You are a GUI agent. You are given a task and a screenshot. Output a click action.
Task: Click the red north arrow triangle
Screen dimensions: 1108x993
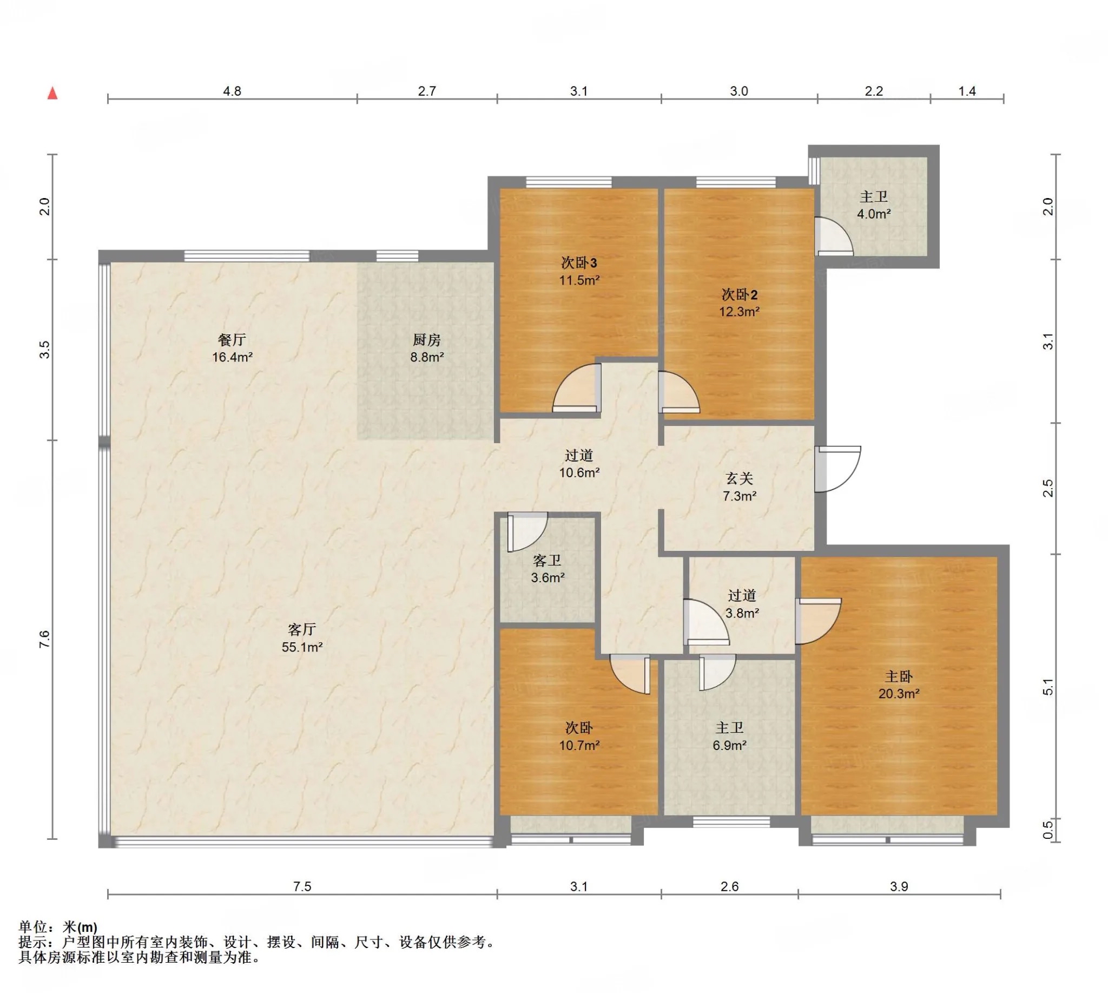point(52,93)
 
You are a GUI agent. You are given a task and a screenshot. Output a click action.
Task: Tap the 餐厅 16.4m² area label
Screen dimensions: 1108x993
point(233,348)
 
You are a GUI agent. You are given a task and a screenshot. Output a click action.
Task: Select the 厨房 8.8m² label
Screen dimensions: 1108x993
point(427,348)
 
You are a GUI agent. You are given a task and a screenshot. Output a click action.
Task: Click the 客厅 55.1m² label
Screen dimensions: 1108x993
point(302,639)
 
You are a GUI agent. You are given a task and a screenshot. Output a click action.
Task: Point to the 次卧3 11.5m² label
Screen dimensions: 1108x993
point(579,271)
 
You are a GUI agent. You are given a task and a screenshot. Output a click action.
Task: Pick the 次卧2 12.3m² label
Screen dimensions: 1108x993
point(739,303)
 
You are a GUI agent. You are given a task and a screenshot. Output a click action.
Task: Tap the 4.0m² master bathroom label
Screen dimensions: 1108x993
point(873,205)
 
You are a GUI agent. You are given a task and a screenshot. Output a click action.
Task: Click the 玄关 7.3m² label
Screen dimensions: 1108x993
point(739,487)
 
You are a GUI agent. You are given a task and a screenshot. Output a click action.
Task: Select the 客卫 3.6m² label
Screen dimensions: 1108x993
point(547,569)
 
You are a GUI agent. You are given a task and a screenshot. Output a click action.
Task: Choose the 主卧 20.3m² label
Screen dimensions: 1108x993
point(899,685)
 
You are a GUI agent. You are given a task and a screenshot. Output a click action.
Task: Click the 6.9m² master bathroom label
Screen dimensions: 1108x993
point(729,736)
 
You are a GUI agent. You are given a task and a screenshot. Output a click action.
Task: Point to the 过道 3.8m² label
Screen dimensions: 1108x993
point(742,604)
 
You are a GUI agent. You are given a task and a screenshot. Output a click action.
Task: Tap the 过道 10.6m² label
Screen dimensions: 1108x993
point(579,464)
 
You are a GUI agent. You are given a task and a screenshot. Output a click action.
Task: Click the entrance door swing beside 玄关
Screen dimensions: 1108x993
point(838,469)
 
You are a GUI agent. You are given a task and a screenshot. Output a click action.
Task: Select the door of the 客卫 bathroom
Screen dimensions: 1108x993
point(527,532)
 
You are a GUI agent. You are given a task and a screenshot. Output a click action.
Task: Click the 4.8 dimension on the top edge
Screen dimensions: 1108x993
point(232,91)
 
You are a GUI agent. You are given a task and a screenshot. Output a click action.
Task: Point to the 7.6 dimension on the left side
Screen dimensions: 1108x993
point(44,639)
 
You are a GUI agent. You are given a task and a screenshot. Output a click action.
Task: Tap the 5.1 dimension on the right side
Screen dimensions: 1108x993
point(1048,687)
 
